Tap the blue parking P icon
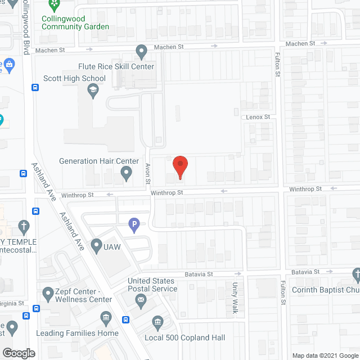(134, 226)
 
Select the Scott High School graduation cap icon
(94, 89)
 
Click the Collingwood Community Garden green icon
(55, 6)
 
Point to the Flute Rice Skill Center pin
(142, 52)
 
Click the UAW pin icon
(95, 246)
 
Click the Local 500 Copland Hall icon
(158, 322)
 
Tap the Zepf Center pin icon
(48, 292)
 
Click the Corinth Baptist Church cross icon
(356, 275)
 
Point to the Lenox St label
(258, 117)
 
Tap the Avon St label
(148, 174)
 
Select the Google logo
(19, 353)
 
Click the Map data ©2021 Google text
(325, 355)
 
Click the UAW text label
(112, 246)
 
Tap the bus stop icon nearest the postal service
(125, 319)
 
